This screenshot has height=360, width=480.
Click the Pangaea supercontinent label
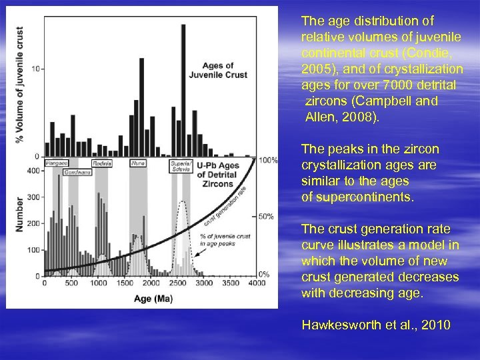coord(56,163)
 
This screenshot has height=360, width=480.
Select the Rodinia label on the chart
coord(101,163)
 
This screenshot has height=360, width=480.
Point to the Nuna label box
coord(138,163)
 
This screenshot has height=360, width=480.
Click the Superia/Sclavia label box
coord(181,166)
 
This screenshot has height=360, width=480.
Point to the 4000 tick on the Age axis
coord(256,283)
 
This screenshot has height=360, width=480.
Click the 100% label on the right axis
coord(268,161)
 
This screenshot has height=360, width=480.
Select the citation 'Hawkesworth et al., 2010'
coord(376,325)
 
